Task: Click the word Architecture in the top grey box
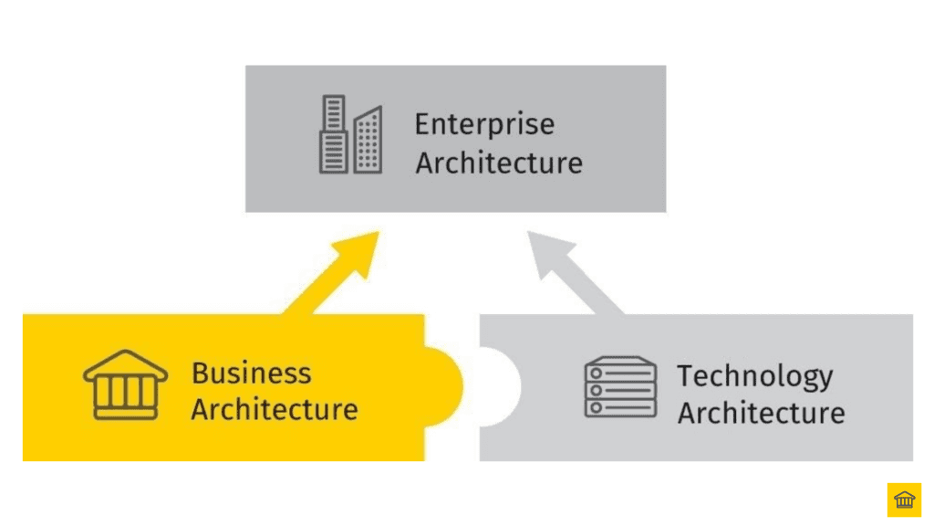point(499,163)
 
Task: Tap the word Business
point(251,373)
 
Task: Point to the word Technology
point(754,375)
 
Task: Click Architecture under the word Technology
point(761,413)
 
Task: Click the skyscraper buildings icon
point(350,135)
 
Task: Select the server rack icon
point(620,386)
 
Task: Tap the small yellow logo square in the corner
point(904,500)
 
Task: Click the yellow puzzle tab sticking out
point(447,388)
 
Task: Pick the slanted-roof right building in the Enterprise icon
point(368,140)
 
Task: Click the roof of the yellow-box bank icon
point(126,363)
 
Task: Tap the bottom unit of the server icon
point(620,407)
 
